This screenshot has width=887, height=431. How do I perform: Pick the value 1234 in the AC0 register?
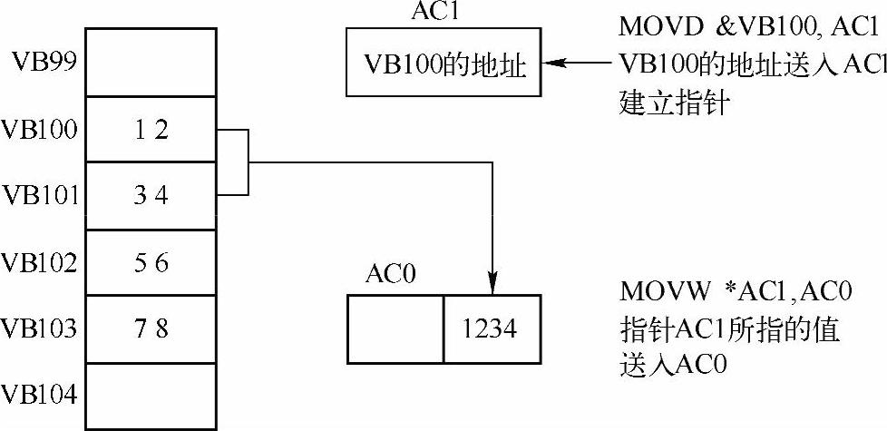[x=492, y=328]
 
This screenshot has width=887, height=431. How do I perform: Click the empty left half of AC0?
[x=395, y=328]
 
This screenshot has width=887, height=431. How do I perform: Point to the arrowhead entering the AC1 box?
[x=552, y=64]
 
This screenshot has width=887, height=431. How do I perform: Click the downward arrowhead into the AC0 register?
[x=492, y=286]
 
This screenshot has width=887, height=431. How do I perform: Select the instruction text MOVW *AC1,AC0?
[x=736, y=292]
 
